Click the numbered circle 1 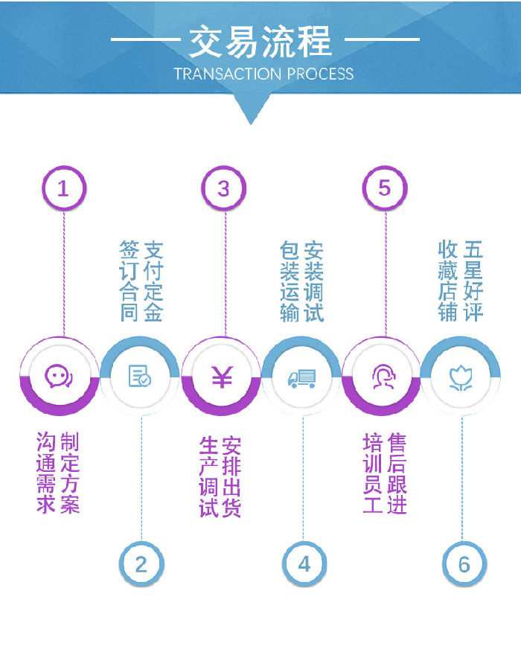click(63, 188)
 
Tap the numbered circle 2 click(141, 564)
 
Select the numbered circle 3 click(223, 188)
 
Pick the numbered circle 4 click(304, 564)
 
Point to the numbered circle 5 click(384, 188)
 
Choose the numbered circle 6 click(464, 564)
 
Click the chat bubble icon click(59, 377)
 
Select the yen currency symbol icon click(221, 377)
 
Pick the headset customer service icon click(383, 377)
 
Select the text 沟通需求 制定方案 click(58, 473)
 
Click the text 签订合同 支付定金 click(141, 281)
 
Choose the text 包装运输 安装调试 click(302, 281)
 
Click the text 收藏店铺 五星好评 click(461, 281)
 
